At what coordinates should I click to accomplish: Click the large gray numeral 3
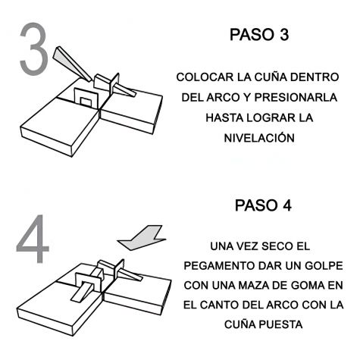pos(34,49)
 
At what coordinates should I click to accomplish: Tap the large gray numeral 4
pos(33,239)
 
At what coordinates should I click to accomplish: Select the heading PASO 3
pos(259,35)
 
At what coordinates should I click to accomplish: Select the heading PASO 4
pos(263,205)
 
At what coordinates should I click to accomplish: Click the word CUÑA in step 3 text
pos(271,77)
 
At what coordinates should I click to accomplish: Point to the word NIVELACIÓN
pos(259,138)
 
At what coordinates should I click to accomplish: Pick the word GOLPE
pos(324,266)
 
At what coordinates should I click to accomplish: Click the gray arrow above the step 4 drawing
pos(142,238)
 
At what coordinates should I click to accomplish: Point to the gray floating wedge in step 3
pos(72,64)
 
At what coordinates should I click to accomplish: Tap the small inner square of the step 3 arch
pos(85,102)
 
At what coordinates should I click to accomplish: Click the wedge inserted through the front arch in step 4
pos(82,293)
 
